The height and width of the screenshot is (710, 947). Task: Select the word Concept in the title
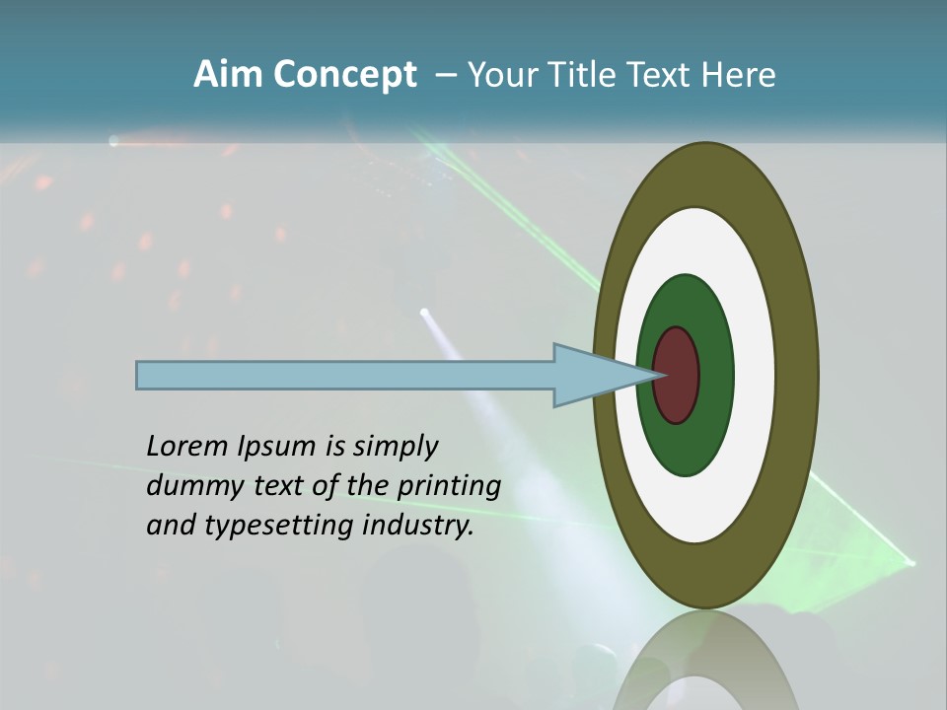(343, 75)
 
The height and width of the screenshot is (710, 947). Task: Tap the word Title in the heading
(582, 75)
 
